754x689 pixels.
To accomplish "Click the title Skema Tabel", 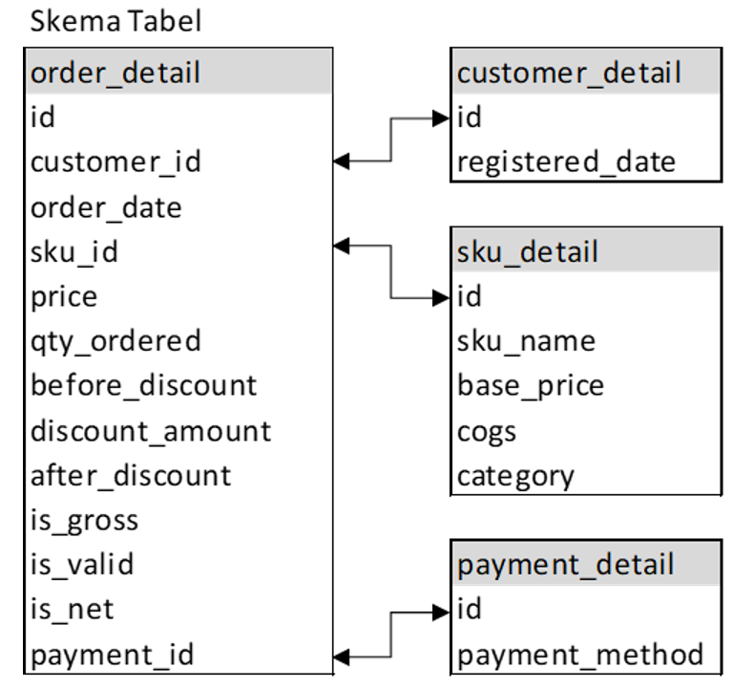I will pyautogui.click(x=115, y=22).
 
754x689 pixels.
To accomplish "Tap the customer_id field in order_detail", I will pyautogui.click(x=115, y=161).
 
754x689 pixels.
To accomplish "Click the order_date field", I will pyautogui.click(x=106, y=206).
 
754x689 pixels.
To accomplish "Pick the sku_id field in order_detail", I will pyautogui.click(x=74, y=251).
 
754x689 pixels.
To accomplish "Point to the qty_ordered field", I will pyautogui.click(x=115, y=341).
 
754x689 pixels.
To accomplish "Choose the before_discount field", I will pyautogui.click(x=143, y=385).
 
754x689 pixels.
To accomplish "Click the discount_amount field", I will pyautogui.click(x=151, y=430).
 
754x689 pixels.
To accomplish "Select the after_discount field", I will pyautogui.click(x=131, y=475).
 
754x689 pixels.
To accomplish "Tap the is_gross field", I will pyautogui.click(x=84, y=520).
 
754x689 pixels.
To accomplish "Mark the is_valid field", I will pyautogui.click(x=82, y=565).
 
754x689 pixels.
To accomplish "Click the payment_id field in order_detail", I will pyautogui.click(x=112, y=655).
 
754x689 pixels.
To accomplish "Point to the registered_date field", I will pyautogui.click(x=566, y=161).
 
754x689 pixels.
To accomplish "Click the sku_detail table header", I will pyautogui.click(x=528, y=251).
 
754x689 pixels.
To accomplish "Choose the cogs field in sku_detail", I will pyautogui.click(x=487, y=431).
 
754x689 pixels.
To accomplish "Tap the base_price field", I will pyautogui.click(x=531, y=386).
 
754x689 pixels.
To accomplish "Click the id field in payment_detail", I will pyautogui.click(x=469, y=610).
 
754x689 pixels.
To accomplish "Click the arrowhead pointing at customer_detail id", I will pyautogui.click(x=441, y=118).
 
